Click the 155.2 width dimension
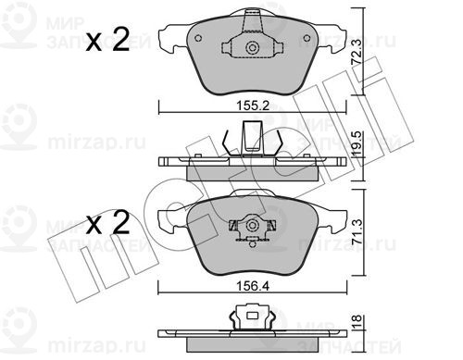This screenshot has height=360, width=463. pyautogui.click(x=253, y=106)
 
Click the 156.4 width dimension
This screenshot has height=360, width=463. pyautogui.click(x=253, y=286)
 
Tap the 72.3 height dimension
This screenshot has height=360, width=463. pyautogui.click(x=357, y=52)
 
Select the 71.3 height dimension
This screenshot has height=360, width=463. pyautogui.click(x=357, y=233)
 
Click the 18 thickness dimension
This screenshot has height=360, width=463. pyautogui.click(x=357, y=322)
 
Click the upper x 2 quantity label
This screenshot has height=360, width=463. pyautogui.click(x=107, y=40)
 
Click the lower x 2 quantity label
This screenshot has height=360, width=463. pyautogui.click(x=107, y=223)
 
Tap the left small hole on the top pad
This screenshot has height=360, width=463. pyautogui.click(x=198, y=38)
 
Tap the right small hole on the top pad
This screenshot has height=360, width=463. pyautogui.click(x=307, y=38)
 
